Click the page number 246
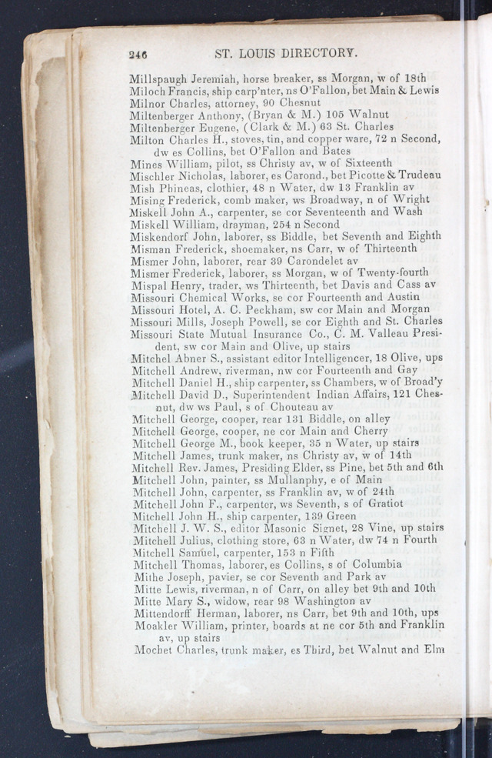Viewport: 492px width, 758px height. tap(138, 54)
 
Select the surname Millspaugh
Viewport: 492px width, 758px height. tap(157, 78)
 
